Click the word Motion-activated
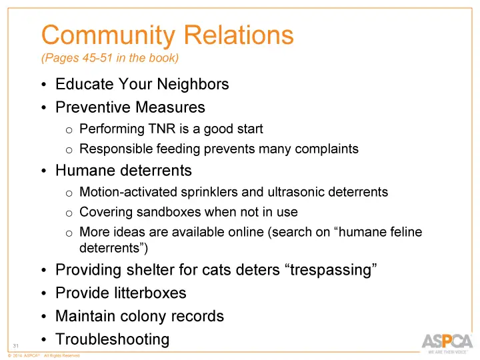[127, 193]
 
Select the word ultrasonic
[295, 193]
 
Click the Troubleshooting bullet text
[112, 339]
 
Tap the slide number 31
[15, 345]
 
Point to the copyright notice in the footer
[43, 356]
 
